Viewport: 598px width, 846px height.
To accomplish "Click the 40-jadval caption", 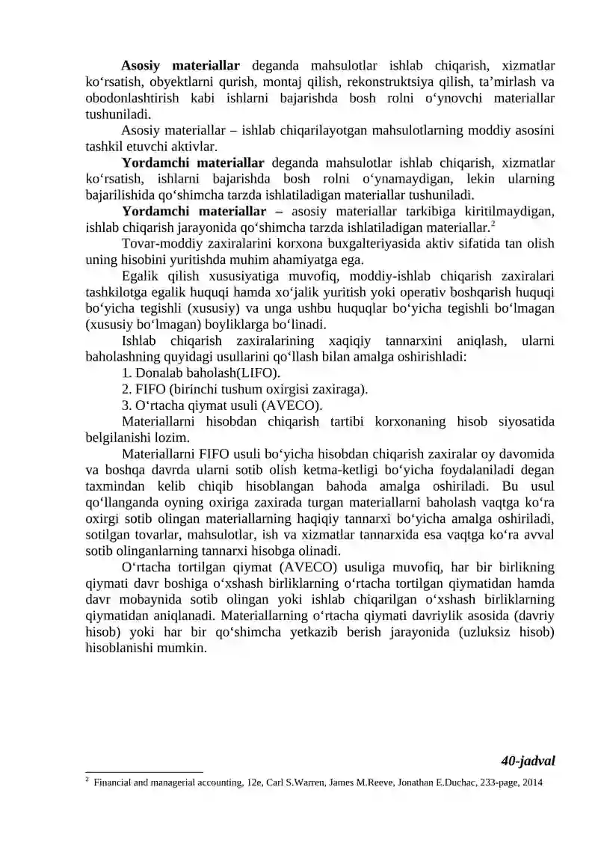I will click(x=528, y=761).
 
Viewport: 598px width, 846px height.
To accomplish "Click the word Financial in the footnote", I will click(x=114, y=783).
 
